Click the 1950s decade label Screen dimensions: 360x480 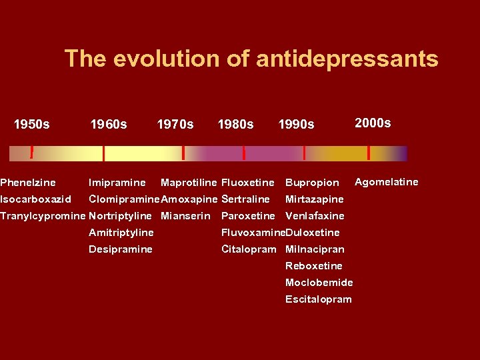click(32, 124)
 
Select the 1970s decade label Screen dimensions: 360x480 click(175, 124)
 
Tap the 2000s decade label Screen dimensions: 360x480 click(373, 123)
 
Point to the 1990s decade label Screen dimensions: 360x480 click(296, 124)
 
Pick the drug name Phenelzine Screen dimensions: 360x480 click(28, 182)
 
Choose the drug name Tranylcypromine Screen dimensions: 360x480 click(43, 215)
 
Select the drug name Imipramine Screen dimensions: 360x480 click(117, 182)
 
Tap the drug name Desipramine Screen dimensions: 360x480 click(120, 249)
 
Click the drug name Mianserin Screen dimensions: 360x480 click(185, 215)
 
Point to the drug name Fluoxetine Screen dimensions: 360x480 click(247, 182)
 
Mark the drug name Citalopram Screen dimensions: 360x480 click(248, 249)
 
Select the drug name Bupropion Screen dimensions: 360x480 click(312, 183)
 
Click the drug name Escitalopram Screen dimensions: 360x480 click(318, 299)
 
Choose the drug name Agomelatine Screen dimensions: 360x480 click(387, 181)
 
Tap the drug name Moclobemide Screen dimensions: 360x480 click(319, 282)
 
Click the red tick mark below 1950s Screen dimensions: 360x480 click(32, 153)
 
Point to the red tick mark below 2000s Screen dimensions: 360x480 click(369, 153)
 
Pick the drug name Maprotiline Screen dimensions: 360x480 click(189, 182)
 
